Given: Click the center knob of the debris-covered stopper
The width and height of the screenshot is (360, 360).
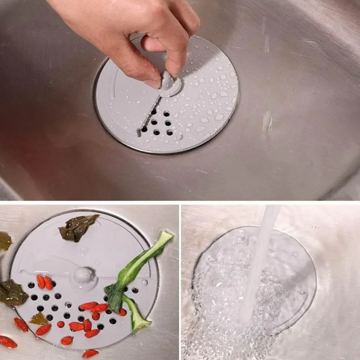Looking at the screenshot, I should pos(84,275).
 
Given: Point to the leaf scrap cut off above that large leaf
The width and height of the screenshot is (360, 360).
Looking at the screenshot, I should pos(5,241).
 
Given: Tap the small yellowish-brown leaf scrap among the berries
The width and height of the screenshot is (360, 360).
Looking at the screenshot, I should pos(39,319).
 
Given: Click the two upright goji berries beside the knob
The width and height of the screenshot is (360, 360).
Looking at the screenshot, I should pos(45,282).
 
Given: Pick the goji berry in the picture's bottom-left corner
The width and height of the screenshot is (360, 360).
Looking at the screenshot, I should pos(7,342).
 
